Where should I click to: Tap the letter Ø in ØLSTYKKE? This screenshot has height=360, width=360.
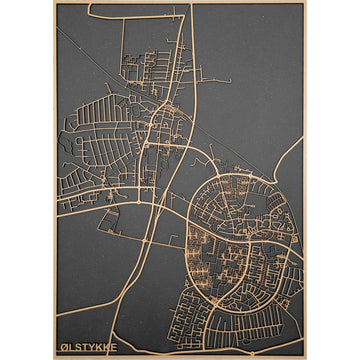[x=61, y=349]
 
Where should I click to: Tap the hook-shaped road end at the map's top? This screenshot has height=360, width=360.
[x=91, y=9]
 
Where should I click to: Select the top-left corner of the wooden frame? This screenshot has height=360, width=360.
[x=54, y=3]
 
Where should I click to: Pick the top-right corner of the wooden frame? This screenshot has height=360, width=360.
[x=305, y=3]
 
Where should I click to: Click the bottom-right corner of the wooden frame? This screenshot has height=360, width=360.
[x=305, y=357]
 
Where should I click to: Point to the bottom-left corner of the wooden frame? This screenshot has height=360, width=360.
[x=54, y=357]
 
